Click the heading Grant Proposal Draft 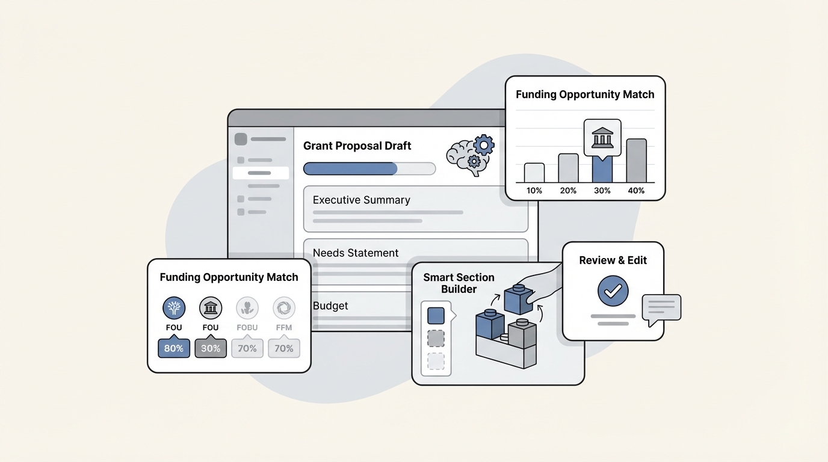(357, 146)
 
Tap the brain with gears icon (470, 155)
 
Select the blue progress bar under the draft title (350, 168)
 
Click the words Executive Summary (361, 200)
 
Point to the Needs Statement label (356, 253)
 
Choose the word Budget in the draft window (330, 306)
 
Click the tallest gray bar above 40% (636, 161)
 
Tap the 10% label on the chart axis (534, 191)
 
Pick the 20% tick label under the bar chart (568, 191)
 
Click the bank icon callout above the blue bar (602, 138)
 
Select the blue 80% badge (174, 348)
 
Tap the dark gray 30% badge (211, 348)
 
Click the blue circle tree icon (174, 309)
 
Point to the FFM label (283, 328)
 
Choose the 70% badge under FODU (247, 348)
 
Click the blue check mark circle (613, 292)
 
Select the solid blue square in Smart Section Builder (436, 316)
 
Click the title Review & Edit (613, 260)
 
